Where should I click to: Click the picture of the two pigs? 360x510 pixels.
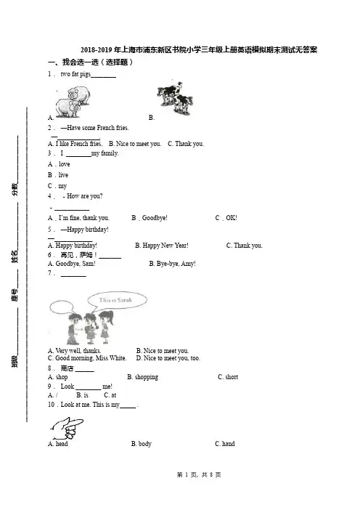coord(73,102)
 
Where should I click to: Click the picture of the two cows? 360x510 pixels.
coord(175,98)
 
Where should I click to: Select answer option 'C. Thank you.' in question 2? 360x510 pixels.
coord(186,144)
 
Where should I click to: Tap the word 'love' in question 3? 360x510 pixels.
coord(65,164)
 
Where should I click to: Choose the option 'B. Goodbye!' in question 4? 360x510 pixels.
coord(150,218)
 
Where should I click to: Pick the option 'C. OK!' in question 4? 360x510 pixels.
coord(226,218)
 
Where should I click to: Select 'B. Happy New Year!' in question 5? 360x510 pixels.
coord(162,246)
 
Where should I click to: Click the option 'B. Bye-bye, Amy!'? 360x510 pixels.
coord(173,264)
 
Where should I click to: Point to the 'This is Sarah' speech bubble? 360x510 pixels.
coord(117,300)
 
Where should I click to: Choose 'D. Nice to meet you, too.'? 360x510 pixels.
coord(168,358)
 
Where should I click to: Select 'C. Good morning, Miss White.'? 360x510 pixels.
coord(87,358)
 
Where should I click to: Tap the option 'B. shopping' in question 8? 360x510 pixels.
coord(143,377)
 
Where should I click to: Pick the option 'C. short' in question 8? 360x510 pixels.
coord(228,377)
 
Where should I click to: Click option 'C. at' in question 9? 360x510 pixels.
coord(110,395)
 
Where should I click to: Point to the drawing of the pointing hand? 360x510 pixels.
coord(67,428)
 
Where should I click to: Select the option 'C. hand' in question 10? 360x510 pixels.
coord(225,444)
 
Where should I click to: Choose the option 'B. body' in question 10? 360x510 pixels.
coord(142,444)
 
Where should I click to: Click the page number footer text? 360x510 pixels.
coord(199,475)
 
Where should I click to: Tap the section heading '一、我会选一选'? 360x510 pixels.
coord(73,62)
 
